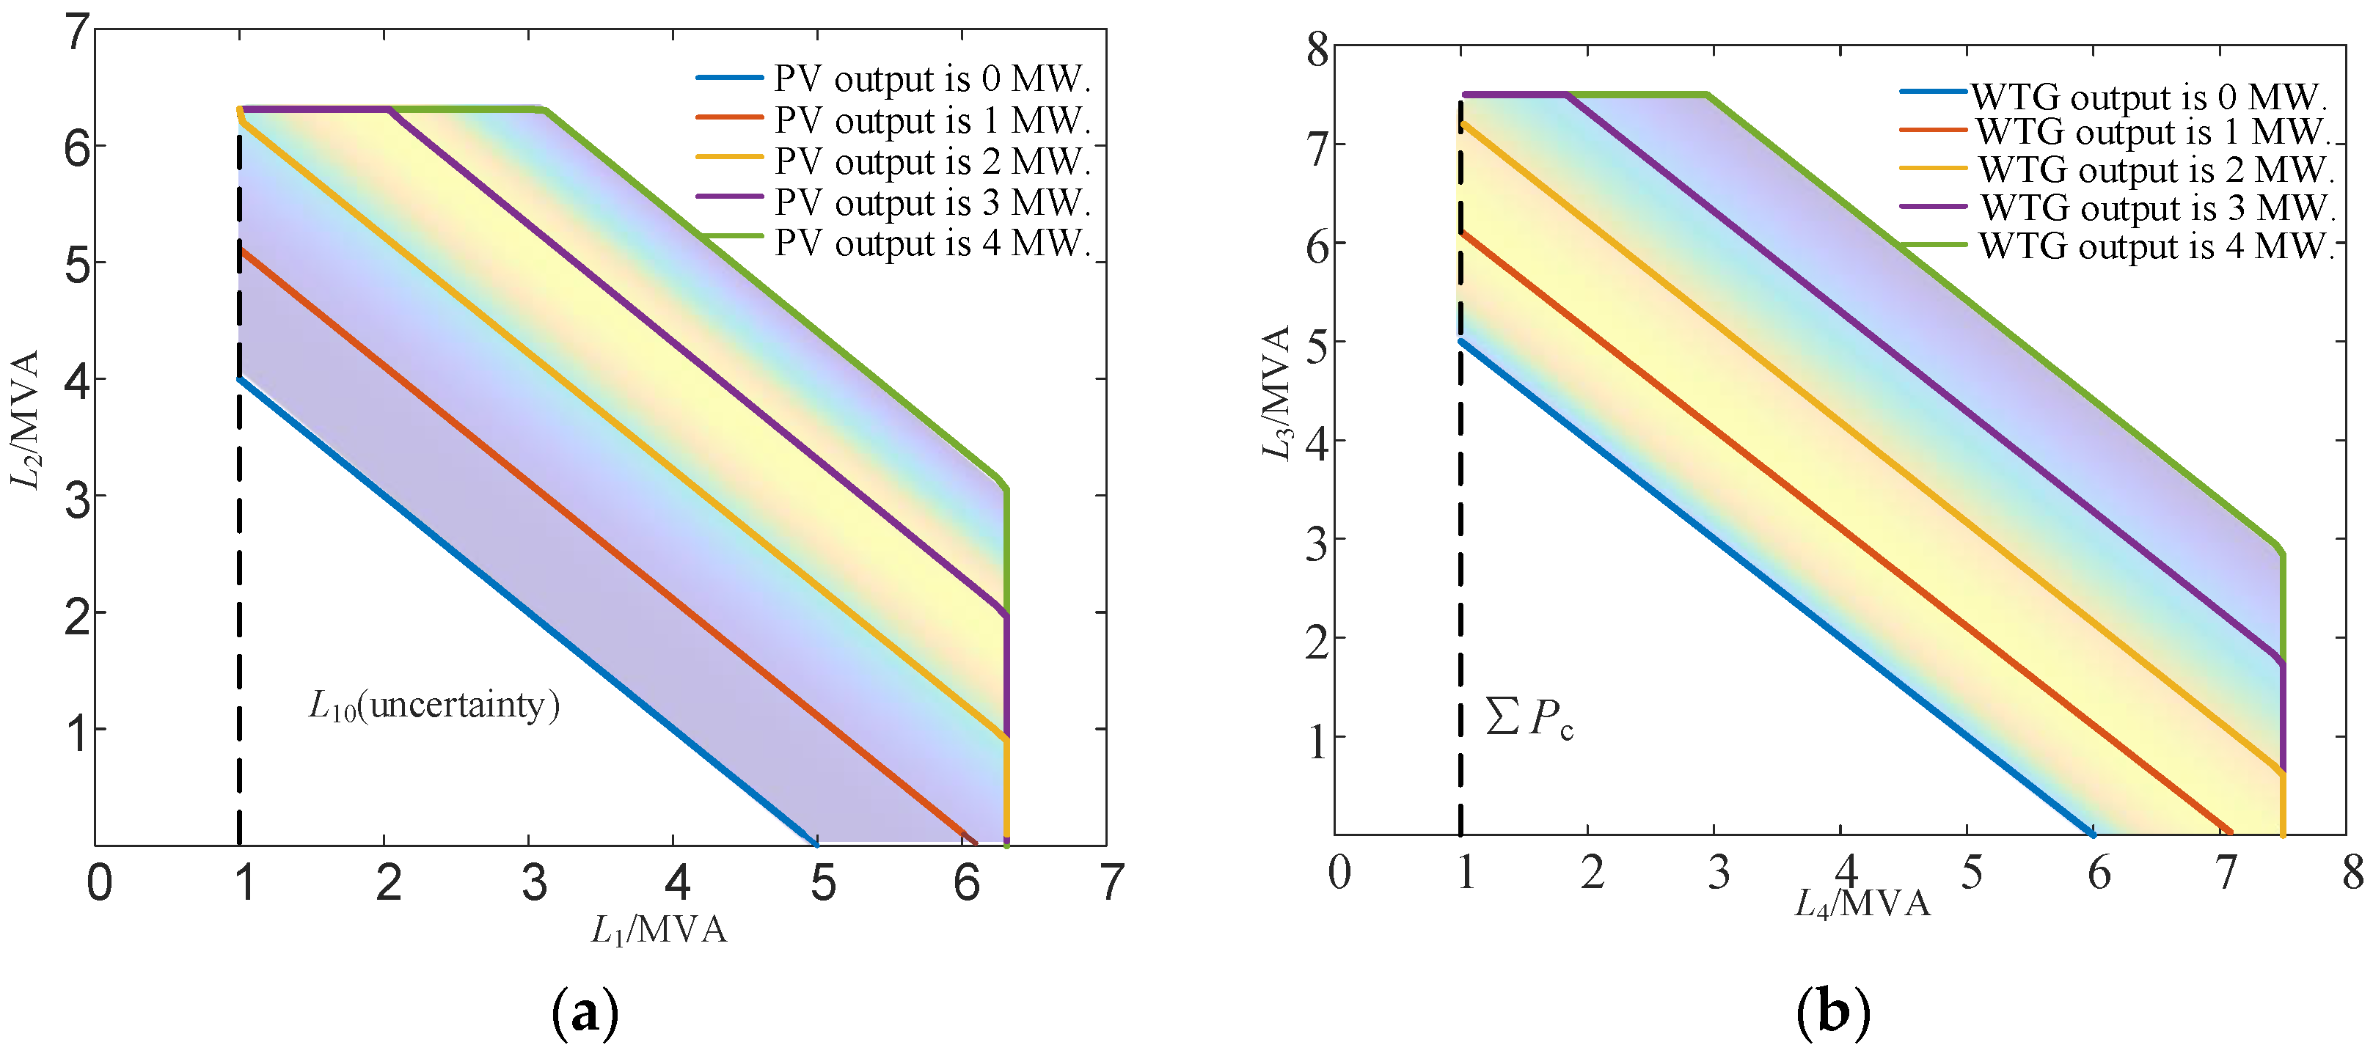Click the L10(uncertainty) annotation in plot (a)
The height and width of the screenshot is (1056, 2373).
434,705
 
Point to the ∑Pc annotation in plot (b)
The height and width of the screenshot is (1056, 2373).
1530,717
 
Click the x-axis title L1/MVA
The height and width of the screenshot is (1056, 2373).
659,931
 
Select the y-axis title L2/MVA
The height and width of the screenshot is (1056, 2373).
25,419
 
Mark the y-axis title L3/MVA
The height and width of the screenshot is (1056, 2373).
1276,392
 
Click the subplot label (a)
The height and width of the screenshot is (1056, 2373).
584,1013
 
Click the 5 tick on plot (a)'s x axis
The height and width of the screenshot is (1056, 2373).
822,884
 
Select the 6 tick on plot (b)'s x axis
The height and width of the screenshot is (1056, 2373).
2099,873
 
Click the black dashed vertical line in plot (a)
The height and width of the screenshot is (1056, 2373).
238,552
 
